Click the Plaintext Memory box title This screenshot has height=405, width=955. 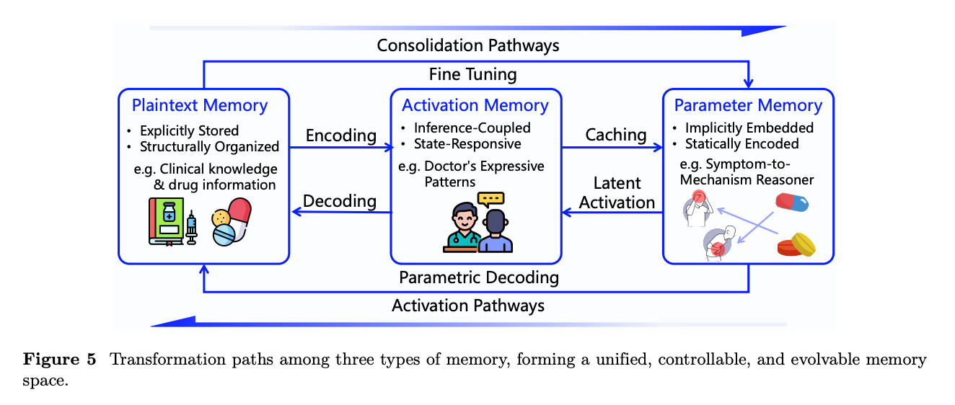click(200, 106)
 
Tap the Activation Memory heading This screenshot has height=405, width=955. click(475, 106)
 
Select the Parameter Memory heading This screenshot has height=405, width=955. click(748, 106)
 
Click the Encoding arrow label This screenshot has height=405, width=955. click(340, 136)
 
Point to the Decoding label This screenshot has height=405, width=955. click(339, 201)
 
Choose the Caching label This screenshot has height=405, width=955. click(616, 135)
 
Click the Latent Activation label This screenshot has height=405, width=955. click(617, 193)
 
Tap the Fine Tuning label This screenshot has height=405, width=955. click(472, 74)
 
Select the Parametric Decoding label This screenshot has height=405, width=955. click(479, 277)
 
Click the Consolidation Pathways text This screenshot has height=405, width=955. click(467, 45)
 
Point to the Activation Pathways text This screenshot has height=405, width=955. click(467, 306)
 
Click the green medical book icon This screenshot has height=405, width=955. click(167, 221)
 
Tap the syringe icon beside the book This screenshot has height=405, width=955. click(192, 228)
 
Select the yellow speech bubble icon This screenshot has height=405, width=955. click(490, 200)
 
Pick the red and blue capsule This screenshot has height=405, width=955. click(792, 202)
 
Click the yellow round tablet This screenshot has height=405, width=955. click(804, 244)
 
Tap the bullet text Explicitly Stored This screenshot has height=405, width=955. click(189, 130)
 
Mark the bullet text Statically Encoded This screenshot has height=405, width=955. click(741, 144)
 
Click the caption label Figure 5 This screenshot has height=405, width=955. click(60, 360)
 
